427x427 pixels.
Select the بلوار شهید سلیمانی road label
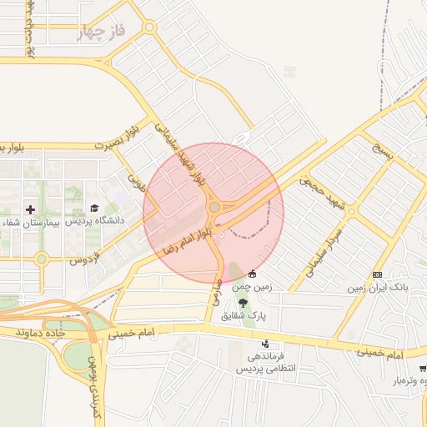coord(178,152)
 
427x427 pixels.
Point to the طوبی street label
coord(136,178)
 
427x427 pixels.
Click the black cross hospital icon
coord(31,208)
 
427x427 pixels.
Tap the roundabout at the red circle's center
coord(214,207)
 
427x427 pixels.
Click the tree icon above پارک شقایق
coord(243,303)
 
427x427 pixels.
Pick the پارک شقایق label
coord(243,317)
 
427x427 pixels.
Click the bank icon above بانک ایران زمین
coord(378,274)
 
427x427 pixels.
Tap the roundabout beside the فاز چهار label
coord(148,28)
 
